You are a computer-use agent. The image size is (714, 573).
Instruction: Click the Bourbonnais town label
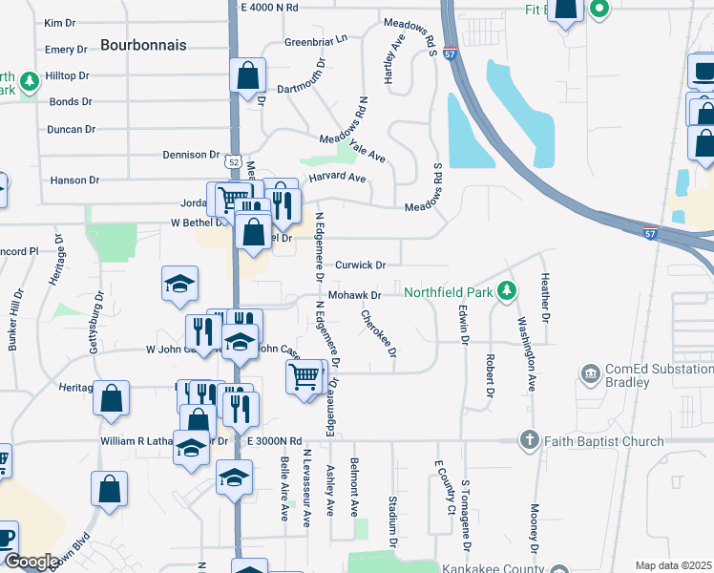143,45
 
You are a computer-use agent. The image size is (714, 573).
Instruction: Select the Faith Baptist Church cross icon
530,440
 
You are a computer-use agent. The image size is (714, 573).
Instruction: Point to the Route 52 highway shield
235,164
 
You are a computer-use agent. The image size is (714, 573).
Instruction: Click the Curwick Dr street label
360,265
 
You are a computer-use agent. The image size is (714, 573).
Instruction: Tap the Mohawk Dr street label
355,296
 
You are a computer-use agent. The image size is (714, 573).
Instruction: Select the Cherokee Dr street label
379,333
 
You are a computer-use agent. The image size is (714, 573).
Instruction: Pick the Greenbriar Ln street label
316,42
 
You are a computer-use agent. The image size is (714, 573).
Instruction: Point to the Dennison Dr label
191,155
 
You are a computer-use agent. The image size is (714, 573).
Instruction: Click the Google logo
31,562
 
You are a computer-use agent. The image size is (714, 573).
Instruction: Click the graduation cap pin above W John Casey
179,284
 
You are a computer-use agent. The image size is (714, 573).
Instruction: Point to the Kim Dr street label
59,23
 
